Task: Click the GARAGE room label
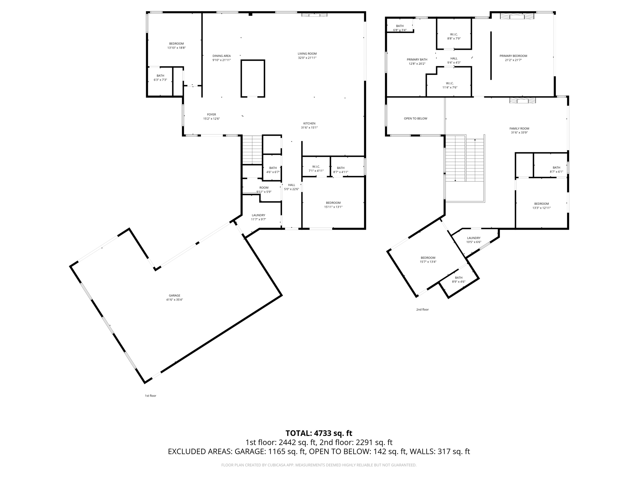[x=174, y=296]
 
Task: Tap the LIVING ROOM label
[x=307, y=54]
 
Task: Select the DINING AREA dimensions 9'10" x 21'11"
[x=221, y=60]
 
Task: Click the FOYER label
[x=212, y=115]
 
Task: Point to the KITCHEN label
[x=309, y=124]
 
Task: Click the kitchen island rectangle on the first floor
[x=253, y=78]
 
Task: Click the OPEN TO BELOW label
[x=415, y=119]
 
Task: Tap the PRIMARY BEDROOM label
[x=513, y=56]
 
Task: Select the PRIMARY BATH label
[x=417, y=59]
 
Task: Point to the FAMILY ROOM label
[x=519, y=129]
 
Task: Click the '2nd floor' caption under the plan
[x=422, y=310]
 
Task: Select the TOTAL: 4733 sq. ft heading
[x=319, y=433]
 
